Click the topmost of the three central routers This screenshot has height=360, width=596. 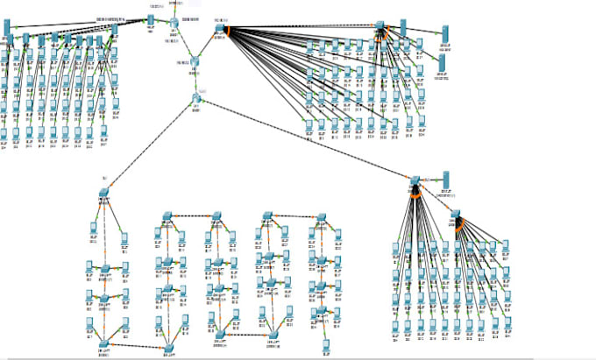click(x=174, y=22)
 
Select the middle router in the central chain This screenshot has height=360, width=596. click(x=195, y=60)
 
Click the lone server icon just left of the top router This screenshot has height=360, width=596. click(x=150, y=19)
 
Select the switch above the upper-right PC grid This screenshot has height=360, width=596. click(x=381, y=27)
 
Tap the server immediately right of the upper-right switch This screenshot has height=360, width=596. click(x=404, y=27)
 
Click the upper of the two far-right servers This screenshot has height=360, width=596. click(x=443, y=34)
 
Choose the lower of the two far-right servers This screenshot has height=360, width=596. click(x=443, y=63)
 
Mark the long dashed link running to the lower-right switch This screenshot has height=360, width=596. click(x=307, y=140)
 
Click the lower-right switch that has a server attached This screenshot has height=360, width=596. click(x=415, y=180)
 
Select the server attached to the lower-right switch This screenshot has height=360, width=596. click(x=445, y=180)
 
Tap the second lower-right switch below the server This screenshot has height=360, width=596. click(x=456, y=215)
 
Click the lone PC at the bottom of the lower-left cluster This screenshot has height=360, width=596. click(x=325, y=345)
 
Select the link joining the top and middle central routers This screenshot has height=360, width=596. click(x=185, y=41)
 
